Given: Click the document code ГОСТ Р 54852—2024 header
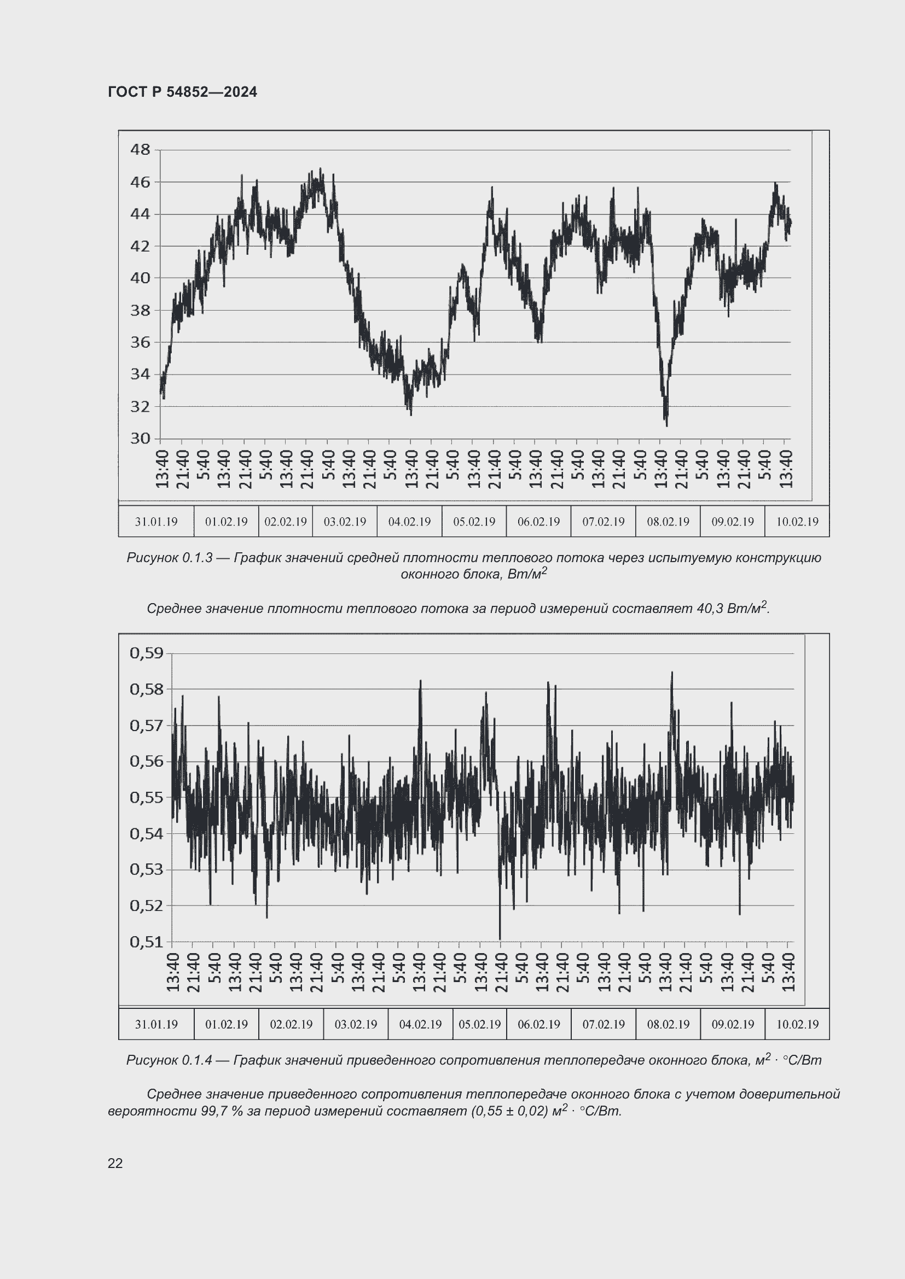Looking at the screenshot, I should (x=182, y=92).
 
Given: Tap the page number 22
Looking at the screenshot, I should (x=115, y=1163).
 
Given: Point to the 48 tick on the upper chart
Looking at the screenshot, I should (x=140, y=149).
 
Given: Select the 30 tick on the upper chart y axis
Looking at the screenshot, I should (x=140, y=439).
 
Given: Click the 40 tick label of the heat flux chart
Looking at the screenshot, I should (x=140, y=277).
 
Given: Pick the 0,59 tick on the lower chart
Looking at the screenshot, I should (x=147, y=652).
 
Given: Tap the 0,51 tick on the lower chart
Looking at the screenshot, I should (x=147, y=942).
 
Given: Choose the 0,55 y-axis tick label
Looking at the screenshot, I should (x=147, y=797).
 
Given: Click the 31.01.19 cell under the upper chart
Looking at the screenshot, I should (x=156, y=522).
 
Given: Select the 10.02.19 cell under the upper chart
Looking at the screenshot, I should (x=797, y=522).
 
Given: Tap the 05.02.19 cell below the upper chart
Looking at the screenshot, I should (x=474, y=522).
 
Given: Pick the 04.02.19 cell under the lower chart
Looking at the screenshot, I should (x=420, y=1024).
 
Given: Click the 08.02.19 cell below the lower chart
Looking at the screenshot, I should (x=668, y=1024).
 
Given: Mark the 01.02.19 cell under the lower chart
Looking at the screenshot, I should (x=227, y=1024).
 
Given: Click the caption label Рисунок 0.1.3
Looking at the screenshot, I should (x=170, y=558).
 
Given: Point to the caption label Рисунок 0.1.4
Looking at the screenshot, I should (x=170, y=1060).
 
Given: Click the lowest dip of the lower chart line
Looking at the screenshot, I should (x=500, y=939).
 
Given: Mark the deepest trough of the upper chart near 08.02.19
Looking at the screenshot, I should (x=666, y=424).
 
